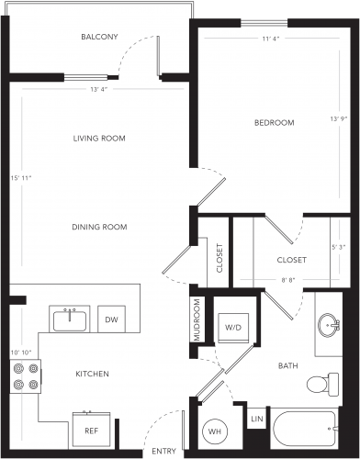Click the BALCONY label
[99, 37]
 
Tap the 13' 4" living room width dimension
[99, 89]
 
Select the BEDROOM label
[275, 123]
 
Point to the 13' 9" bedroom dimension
[338, 118]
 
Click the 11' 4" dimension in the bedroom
[271, 39]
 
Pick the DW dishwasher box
[111, 319]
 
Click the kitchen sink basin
[70, 320]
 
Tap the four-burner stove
[26, 376]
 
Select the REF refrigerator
[91, 430]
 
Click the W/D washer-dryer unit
[233, 328]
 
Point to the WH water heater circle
[215, 431]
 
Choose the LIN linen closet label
[257, 419]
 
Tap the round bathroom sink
[329, 325]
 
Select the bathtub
[305, 429]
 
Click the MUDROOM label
[197, 319]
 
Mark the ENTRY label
[163, 451]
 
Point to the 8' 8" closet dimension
[287, 280]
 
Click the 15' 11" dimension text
[21, 178]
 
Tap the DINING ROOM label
[99, 227]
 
